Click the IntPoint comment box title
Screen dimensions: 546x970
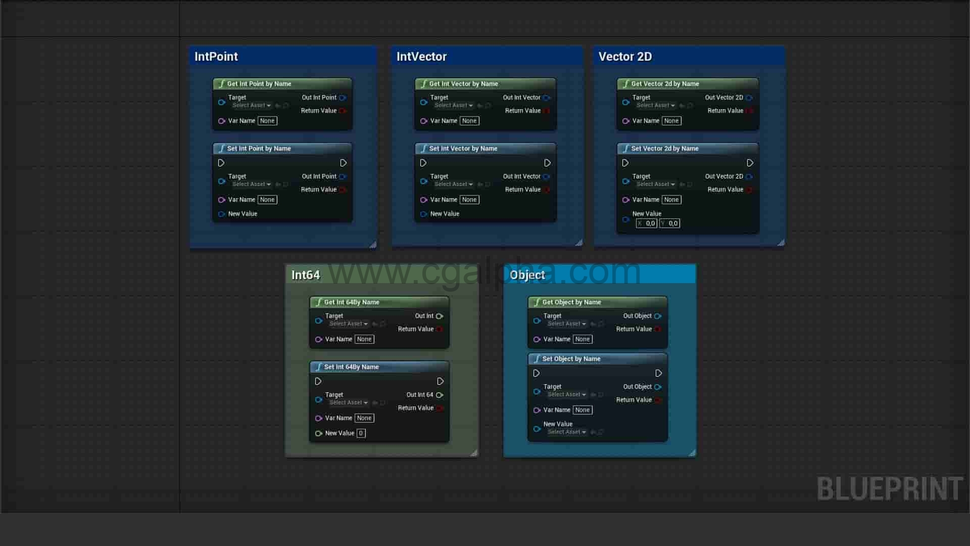coord(216,57)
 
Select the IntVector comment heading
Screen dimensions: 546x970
coord(421,57)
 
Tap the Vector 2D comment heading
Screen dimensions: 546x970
coord(625,57)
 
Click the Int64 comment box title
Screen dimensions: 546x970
coord(306,275)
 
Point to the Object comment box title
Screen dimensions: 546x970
coord(527,275)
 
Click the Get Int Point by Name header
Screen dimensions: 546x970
coord(259,84)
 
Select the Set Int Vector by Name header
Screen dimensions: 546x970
coord(463,149)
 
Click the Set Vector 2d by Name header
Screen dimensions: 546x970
coord(664,149)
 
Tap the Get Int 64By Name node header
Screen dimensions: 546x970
coord(351,302)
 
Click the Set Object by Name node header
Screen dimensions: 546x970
coord(571,359)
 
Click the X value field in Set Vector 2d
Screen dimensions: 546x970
coord(647,223)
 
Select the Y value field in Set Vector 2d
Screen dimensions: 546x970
coord(670,223)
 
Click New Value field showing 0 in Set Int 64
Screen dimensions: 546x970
coord(361,433)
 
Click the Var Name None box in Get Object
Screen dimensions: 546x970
coord(582,339)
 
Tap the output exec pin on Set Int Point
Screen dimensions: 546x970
coord(343,163)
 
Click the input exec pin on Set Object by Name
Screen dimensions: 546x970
coord(537,373)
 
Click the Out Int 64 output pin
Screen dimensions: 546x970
coord(440,395)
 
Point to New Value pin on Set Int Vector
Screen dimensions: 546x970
coord(424,214)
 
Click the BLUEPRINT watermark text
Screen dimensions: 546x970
coord(890,489)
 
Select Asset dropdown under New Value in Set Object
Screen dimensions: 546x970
coord(566,432)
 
